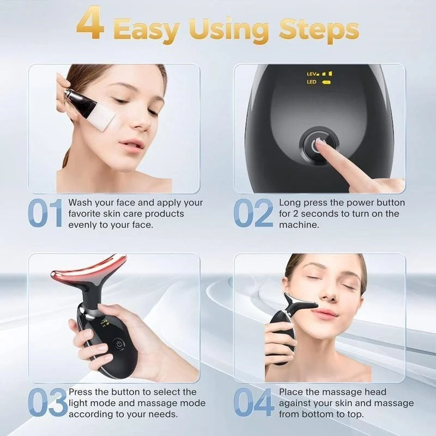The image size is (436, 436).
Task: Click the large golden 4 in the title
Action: point(89,24)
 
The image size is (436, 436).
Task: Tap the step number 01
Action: point(45,214)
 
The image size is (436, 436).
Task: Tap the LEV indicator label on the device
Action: point(312,74)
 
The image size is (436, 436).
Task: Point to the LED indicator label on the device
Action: point(312,82)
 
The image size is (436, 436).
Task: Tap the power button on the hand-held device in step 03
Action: point(118,344)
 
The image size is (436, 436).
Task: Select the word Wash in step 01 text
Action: point(81,203)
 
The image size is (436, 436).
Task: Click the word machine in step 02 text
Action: point(296,225)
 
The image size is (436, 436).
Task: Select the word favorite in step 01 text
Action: point(85,214)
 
